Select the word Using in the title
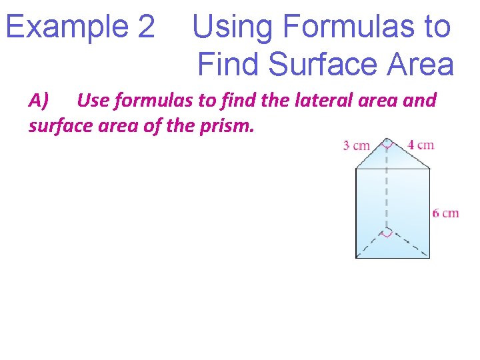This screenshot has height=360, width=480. tap(233, 27)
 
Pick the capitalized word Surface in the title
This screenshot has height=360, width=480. tap(321, 65)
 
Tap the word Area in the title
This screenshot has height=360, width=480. tap(420, 65)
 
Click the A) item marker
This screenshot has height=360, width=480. tap(39, 101)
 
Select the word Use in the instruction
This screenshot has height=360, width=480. tap(93, 101)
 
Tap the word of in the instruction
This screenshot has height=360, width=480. tap(153, 125)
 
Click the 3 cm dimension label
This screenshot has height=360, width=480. tap(356, 146)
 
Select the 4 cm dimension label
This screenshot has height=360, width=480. tap(421, 145)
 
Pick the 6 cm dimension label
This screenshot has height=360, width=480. tap(445, 213)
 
